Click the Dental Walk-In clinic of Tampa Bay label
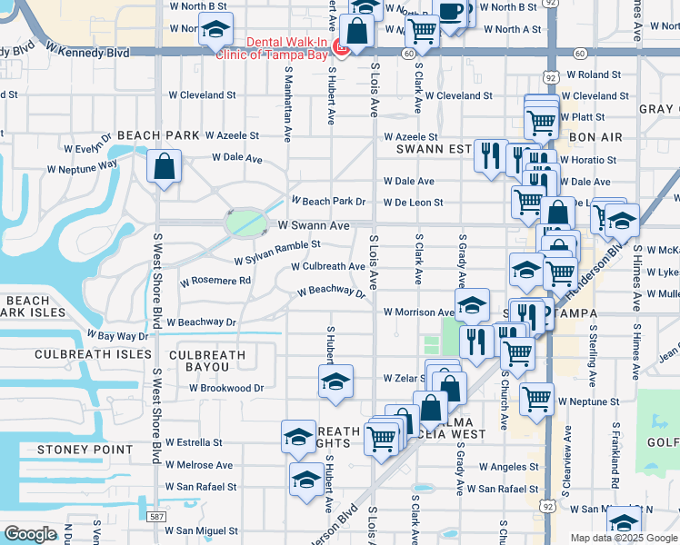click(273, 46)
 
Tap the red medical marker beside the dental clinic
click(342, 46)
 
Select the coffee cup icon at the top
click(452, 10)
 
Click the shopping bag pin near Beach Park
click(164, 167)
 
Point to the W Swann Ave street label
click(314, 225)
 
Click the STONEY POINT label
click(73, 450)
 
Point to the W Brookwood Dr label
click(226, 388)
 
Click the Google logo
click(30, 534)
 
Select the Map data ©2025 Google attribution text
click(623, 538)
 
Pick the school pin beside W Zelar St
click(335, 381)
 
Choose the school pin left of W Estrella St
click(298, 437)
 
